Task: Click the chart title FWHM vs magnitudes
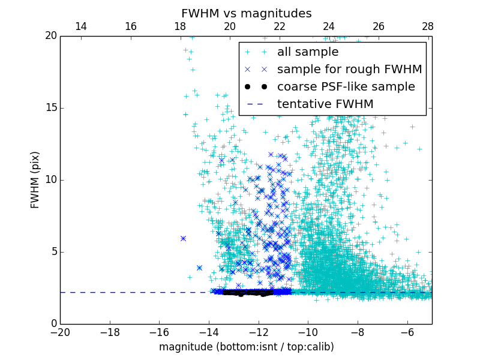click(246, 13)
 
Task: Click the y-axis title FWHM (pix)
click(35, 179)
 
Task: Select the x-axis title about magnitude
click(246, 347)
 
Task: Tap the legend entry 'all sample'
click(308, 52)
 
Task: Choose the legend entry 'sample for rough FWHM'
click(349, 70)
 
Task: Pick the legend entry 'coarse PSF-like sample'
click(346, 87)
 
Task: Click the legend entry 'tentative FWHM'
click(325, 104)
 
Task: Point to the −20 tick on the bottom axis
click(60, 332)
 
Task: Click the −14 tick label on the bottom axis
click(209, 332)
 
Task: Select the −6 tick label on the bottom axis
click(407, 332)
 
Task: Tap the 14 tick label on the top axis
click(80, 26)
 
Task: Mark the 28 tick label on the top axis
click(428, 26)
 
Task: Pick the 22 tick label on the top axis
click(279, 26)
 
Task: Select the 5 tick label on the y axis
click(53, 252)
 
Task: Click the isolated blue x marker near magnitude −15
click(183, 238)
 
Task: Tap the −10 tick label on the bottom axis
click(308, 332)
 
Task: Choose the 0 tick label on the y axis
click(53, 324)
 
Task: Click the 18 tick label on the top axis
click(180, 26)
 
